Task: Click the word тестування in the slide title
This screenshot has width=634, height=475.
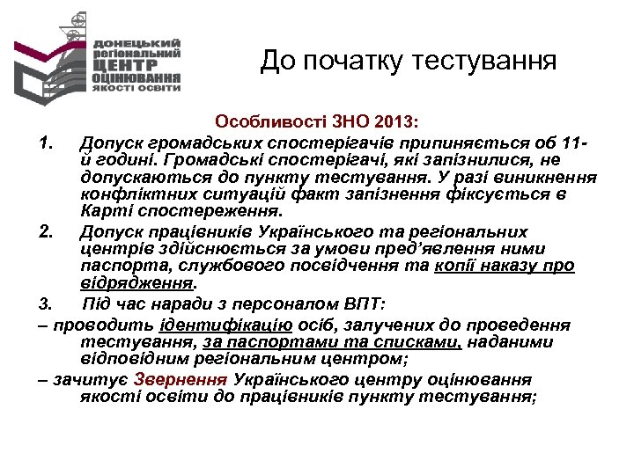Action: coord(483,61)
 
